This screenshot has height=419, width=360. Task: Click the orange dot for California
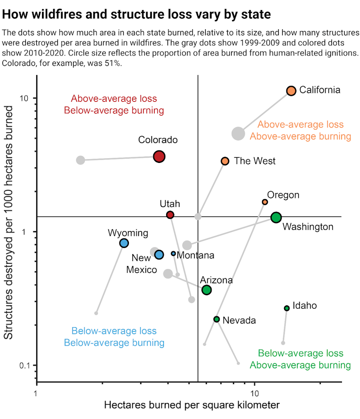tap(291, 91)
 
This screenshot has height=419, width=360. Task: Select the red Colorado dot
tap(159, 156)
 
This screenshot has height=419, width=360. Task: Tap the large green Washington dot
tap(276, 217)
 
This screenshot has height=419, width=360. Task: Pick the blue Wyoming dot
tap(124, 243)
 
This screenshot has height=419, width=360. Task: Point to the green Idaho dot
tap(286, 308)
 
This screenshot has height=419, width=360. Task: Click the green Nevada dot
tap(217, 319)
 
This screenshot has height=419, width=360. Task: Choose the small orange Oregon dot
tap(265, 202)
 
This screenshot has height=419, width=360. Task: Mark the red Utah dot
tap(170, 215)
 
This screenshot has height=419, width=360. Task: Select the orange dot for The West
tap(225, 161)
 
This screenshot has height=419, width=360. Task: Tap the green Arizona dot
tap(206, 290)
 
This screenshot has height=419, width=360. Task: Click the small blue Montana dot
tap(173, 254)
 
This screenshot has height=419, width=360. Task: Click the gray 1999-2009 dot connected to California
tap(238, 134)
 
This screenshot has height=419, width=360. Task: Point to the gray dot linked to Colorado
tap(81, 160)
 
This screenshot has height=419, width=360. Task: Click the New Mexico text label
tap(142, 264)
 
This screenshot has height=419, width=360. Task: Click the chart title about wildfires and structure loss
tap(137, 14)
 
